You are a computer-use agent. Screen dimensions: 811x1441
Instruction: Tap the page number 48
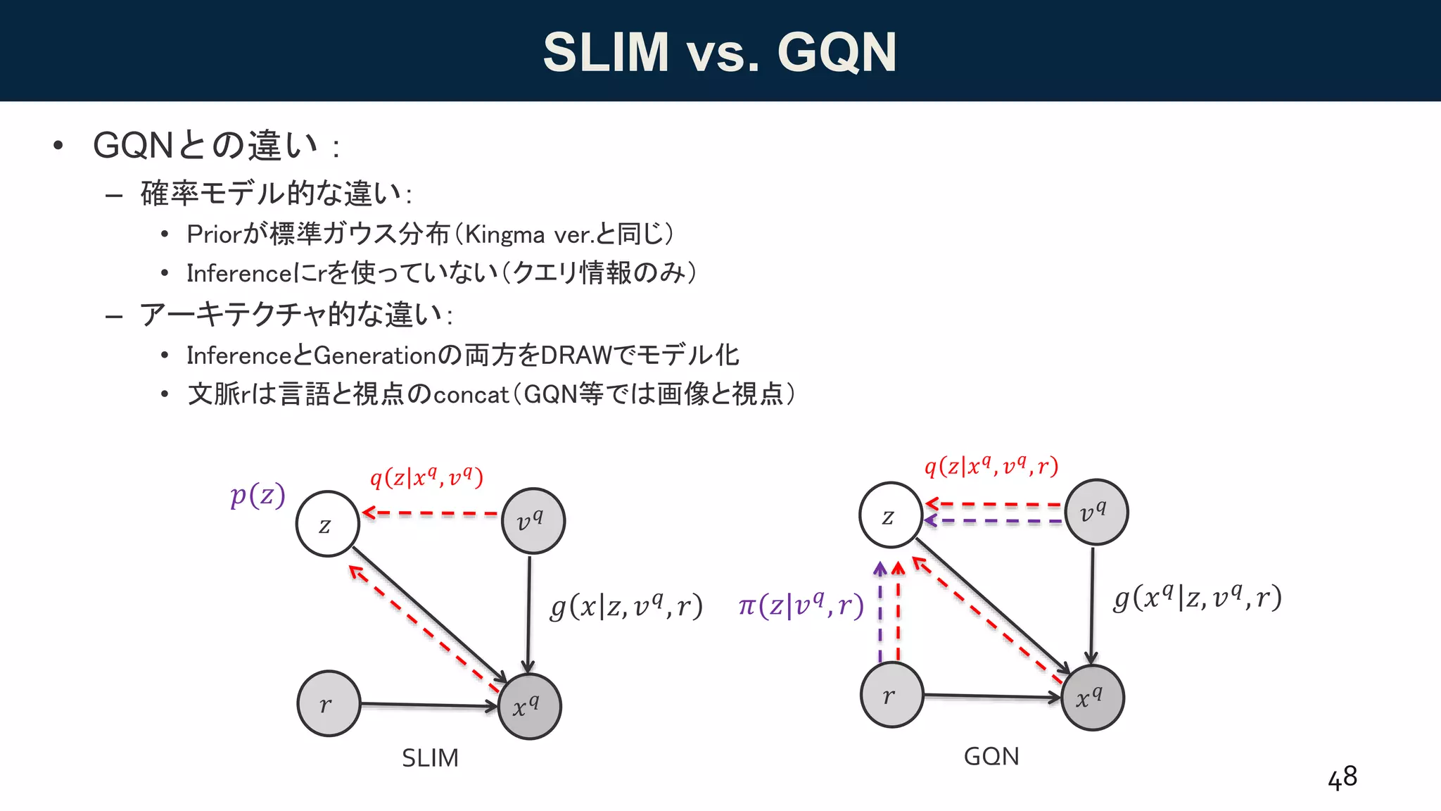point(1342,778)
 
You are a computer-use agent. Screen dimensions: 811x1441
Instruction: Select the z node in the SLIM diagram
point(328,524)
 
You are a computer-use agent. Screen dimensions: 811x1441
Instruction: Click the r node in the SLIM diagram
point(329,703)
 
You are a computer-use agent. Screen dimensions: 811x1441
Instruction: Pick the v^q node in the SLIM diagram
point(533,521)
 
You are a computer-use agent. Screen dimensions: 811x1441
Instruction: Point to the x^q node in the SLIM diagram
point(529,706)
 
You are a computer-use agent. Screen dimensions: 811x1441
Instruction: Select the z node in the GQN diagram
point(890,515)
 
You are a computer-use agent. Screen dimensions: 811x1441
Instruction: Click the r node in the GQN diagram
point(891,696)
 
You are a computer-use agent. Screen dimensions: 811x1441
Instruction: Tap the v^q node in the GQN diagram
point(1096,512)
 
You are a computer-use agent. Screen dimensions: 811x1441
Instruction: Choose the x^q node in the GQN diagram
point(1092,698)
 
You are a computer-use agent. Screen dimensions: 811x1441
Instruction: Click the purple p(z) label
point(258,496)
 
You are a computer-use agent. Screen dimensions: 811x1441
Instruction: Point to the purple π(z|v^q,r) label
point(801,605)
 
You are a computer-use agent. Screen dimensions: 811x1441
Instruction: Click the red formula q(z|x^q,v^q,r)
point(991,466)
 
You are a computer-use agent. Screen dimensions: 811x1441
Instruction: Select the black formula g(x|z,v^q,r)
point(626,606)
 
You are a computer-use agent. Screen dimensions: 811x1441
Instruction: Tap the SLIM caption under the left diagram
point(430,758)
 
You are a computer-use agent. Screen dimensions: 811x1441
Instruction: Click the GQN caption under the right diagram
point(991,756)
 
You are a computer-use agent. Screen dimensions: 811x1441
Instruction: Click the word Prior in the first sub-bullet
point(214,234)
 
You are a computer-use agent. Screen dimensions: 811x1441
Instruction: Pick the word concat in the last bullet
point(471,395)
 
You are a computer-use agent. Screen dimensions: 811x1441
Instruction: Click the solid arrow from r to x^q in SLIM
point(428,705)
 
